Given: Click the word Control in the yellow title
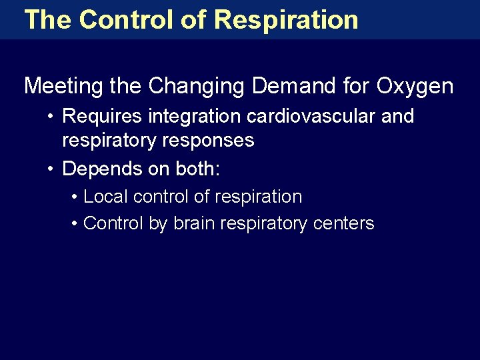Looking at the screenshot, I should (126, 19).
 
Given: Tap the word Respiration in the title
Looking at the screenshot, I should (287, 19).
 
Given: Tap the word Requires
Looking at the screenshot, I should (102, 116).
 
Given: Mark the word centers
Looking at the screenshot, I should (344, 223).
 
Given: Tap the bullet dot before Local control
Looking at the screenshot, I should (73, 197).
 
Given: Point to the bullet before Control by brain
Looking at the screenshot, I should (73, 224).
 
